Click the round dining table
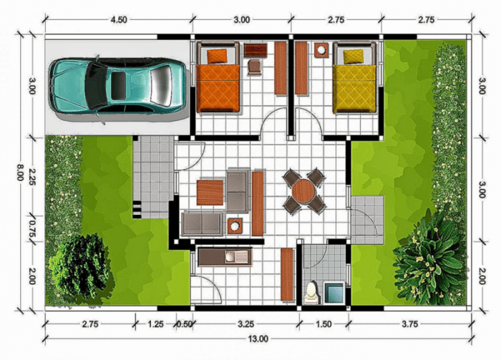pyautogui.click(x=304, y=191)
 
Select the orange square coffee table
pyautogui.click(x=210, y=192)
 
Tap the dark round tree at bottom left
pyautogui.click(x=79, y=266)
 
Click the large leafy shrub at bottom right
pyautogui.click(x=429, y=254)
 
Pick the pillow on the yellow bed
pyautogui.click(x=353, y=56)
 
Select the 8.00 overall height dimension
pyautogui.click(x=20, y=172)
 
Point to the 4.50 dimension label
pyautogui.click(x=118, y=20)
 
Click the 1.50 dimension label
pyautogui.click(x=324, y=324)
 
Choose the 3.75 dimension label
pyautogui.click(x=409, y=324)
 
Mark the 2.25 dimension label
pyautogui.click(x=31, y=182)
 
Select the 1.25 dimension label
pyautogui.click(x=155, y=324)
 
